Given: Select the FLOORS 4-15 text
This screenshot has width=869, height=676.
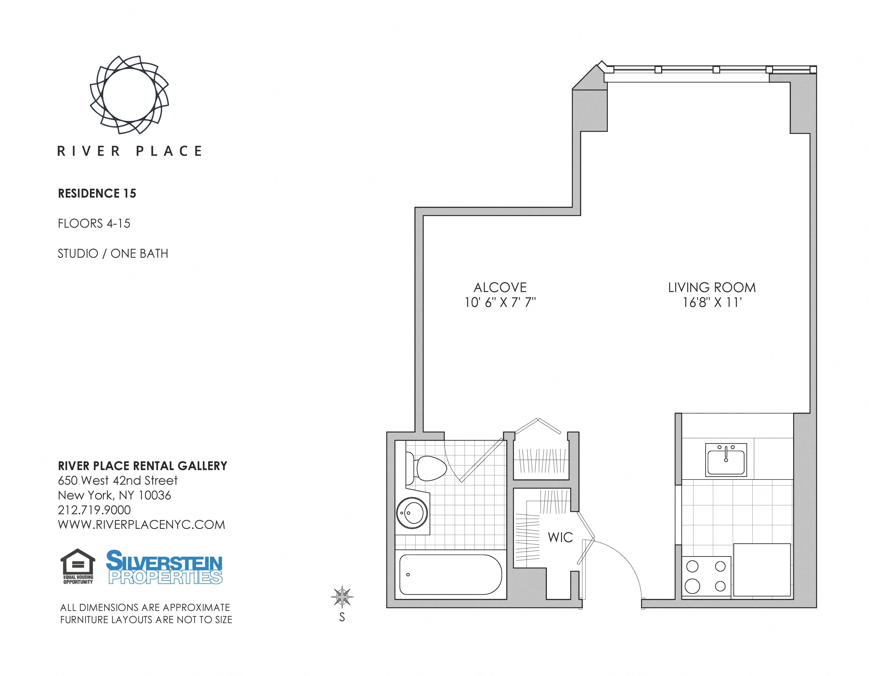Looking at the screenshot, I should pyautogui.click(x=94, y=224).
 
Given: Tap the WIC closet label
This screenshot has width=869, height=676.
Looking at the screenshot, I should pyautogui.click(x=560, y=538).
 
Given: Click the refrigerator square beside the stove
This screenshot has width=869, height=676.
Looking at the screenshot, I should pyautogui.click(x=762, y=570).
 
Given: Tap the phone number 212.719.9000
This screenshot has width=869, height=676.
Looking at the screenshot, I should pyautogui.click(x=94, y=510).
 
